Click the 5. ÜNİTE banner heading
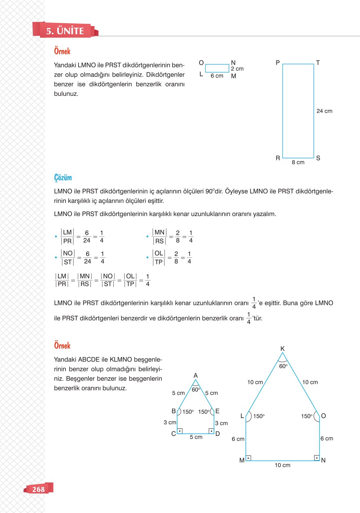[x=65, y=31]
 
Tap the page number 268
[x=38, y=489]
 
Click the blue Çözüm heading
[x=63, y=178]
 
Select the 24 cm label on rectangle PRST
[x=324, y=111]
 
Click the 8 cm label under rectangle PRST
[x=298, y=162]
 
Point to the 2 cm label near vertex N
[x=237, y=69]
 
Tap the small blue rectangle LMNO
[x=217, y=68]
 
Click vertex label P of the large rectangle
[x=277, y=63]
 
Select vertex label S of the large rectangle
[x=318, y=158]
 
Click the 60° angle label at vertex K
[x=283, y=366]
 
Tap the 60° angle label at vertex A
[x=196, y=389]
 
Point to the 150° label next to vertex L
[x=259, y=416]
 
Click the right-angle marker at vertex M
[x=248, y=458]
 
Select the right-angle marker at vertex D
[x=211, y=431]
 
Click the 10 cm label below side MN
[x=282, y=465]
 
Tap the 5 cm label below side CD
[x=196, y=437]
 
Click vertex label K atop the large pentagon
[x=282, y=349]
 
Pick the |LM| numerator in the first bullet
[x=67, y=232]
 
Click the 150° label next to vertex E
[x=204, y=412]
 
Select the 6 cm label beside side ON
[x=326, y=439]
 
